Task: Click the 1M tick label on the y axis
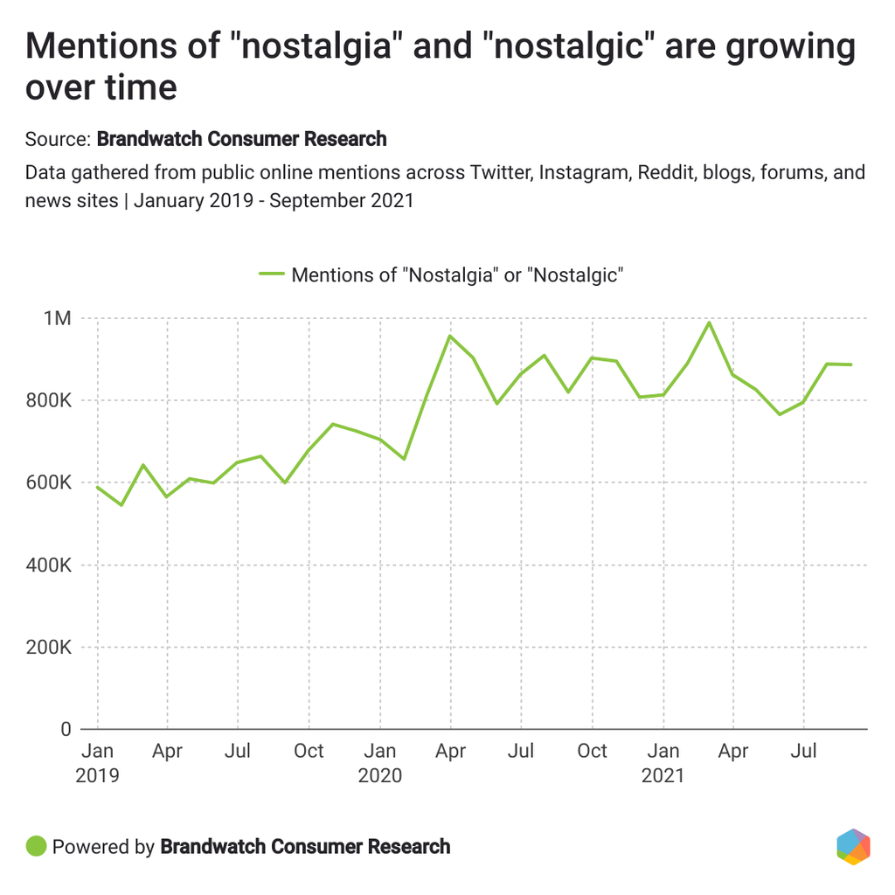57,319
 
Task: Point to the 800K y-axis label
50,401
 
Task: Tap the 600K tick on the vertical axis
50,483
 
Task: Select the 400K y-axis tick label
50,565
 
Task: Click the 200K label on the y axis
50,648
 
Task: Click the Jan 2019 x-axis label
96,762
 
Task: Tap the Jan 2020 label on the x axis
380,762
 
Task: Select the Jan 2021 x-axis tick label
663,762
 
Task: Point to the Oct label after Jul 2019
309,751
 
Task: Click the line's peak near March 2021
709,323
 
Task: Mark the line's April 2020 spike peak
449,336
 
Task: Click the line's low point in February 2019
121,505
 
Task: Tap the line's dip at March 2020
403,459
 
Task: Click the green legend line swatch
272,274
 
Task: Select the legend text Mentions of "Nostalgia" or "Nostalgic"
456,274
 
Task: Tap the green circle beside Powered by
36,846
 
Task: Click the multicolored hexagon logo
853,846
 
